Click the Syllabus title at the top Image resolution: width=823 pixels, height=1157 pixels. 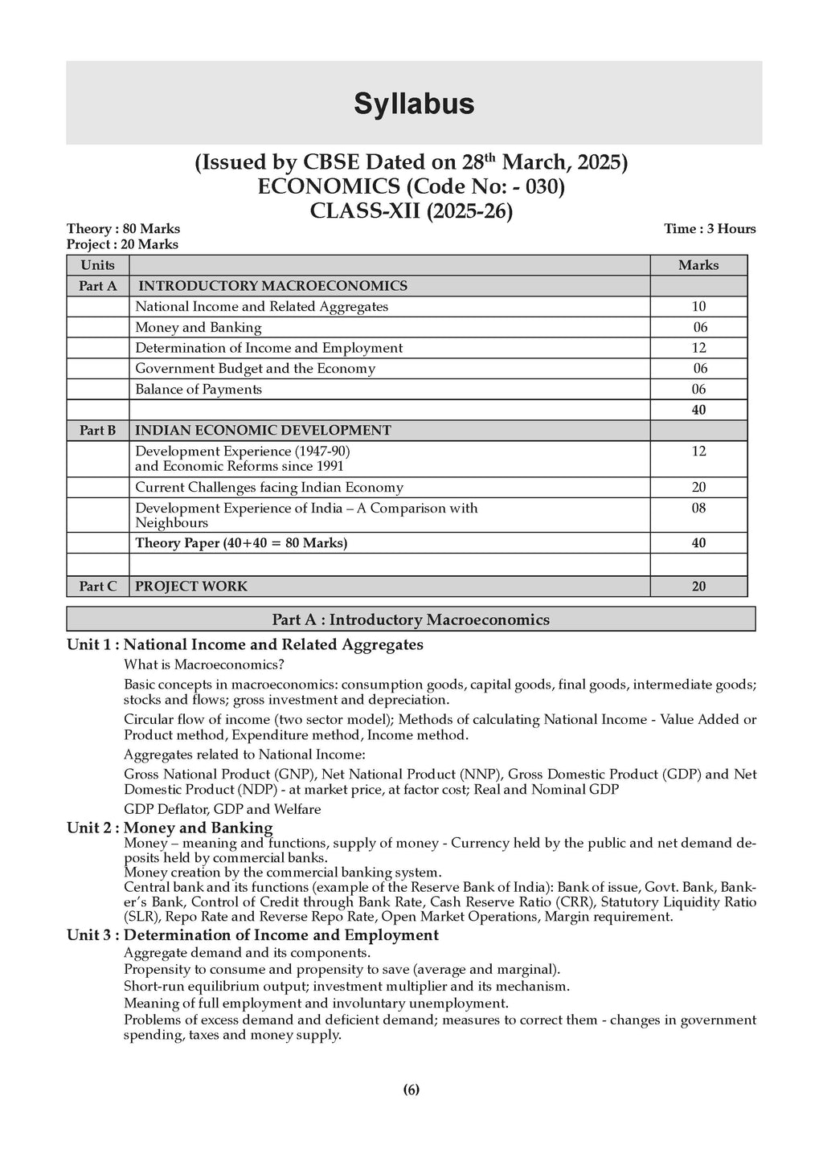click(x=414, y=104)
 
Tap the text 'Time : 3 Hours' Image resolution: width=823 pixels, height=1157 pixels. click(x=710, y=229)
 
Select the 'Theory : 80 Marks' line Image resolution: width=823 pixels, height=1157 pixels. click(x=123, y=229)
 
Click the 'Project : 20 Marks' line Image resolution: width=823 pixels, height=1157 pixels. click(x=122, y=244)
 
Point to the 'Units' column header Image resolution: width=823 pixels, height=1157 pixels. click(x=97, y=265)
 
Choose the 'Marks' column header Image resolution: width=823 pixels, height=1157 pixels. click(x=698, y=265)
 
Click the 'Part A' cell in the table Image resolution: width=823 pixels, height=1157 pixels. click(x=97, y=286)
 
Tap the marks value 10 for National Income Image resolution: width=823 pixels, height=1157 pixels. click(x=698, y=307)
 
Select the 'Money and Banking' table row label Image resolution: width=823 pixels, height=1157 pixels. click(x=198, y=328)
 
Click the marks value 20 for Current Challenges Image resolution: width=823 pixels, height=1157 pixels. click(x=698, y=488)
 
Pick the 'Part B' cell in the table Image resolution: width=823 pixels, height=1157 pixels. click(x=97, y=431)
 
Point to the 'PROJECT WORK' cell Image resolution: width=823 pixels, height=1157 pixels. click(x=191, y=587)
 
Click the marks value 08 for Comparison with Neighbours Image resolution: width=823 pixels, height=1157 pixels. click(x=698, y=509)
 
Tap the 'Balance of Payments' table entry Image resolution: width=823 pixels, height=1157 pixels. click(x=199, y=390)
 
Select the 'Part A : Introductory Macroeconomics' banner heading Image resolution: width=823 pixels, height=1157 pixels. click(x=411, y=619)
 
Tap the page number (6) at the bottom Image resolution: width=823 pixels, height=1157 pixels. click(x=411, y=1090)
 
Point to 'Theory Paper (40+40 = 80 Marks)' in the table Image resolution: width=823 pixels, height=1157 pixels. click(x=241, y=543)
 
